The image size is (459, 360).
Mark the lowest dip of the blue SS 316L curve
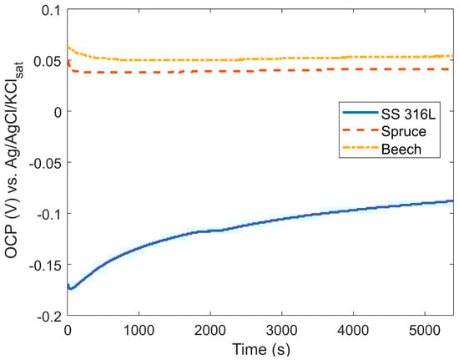click(x=71, y=289)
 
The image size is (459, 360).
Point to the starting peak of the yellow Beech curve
click(x=68, y=47)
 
